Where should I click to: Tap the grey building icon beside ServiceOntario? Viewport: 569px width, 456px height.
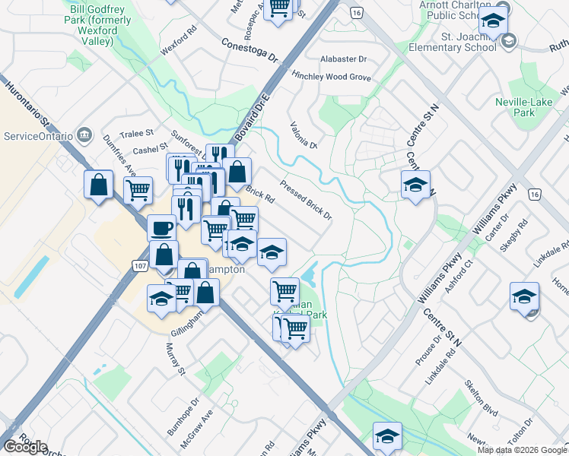coord(84,136)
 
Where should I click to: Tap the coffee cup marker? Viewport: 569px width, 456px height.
coord(161,226)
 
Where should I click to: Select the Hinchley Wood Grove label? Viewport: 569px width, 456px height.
coord(331,78)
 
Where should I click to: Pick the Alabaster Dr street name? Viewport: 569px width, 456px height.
coord(343,59)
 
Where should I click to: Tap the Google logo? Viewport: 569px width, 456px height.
coord(25,447)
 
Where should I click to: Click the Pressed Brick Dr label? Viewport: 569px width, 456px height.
coord(306,200)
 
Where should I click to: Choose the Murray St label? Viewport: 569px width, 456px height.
coord(175,358)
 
